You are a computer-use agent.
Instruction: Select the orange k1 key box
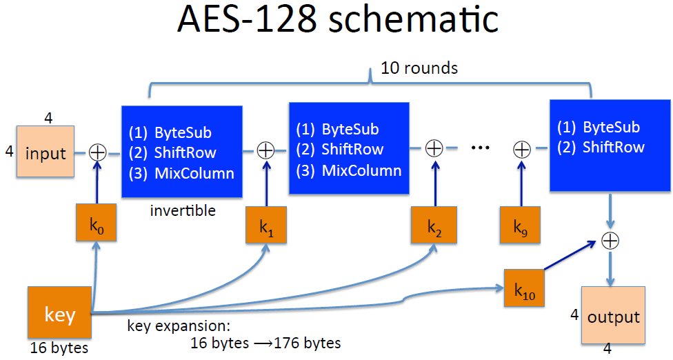pos(266,225)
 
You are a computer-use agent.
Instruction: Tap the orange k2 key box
pos(434,225)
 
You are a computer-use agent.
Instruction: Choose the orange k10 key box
pos(525,288)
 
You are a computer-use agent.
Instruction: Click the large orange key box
pos(59,314)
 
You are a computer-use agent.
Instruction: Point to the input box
pos(46,152)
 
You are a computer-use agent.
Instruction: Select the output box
pos(614,317)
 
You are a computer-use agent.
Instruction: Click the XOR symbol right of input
pos(98,152)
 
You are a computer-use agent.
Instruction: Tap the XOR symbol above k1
pos(266,150)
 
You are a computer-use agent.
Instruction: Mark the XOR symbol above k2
pos(434,148)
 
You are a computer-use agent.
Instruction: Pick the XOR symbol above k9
pos(522,148)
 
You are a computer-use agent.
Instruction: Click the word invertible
pos(183,210)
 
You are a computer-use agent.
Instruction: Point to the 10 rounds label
pos(419,68)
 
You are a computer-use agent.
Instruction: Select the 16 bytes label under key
pos(59,348)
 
